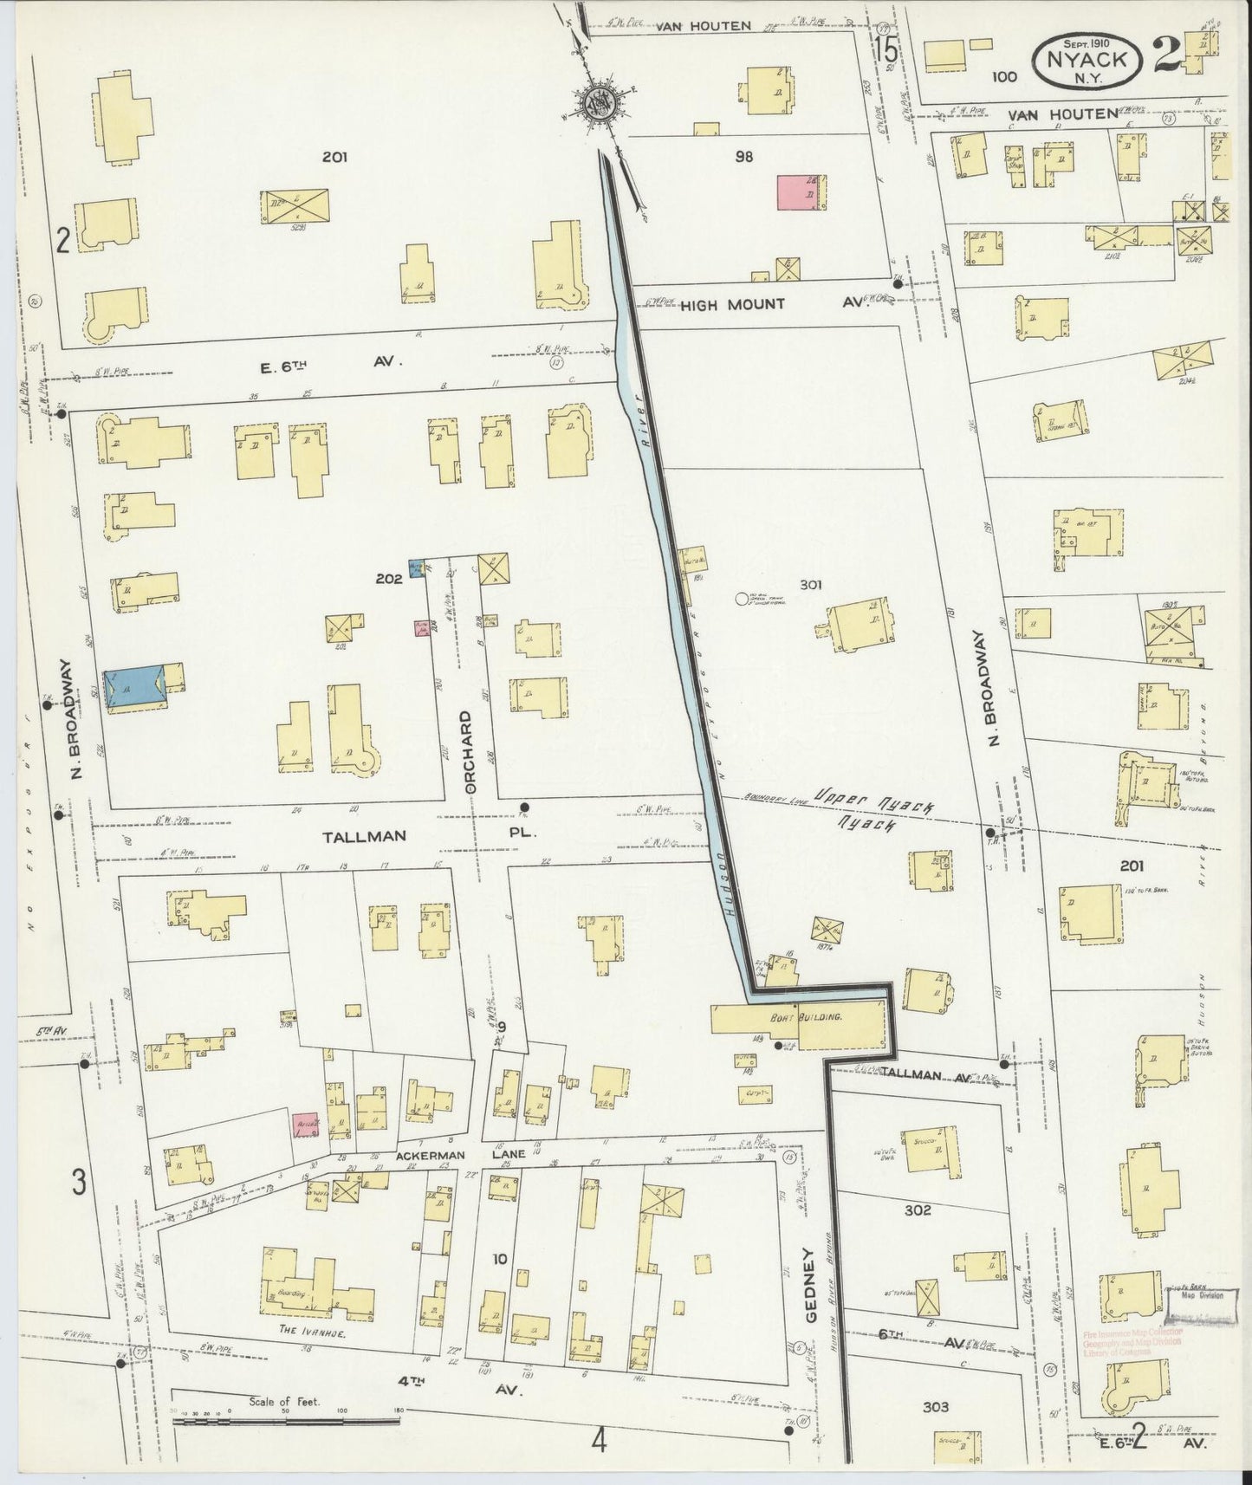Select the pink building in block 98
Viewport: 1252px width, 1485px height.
801,193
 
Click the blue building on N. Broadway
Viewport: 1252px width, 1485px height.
134,689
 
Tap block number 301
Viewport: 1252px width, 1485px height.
810,585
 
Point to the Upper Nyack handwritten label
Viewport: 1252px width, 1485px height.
875,797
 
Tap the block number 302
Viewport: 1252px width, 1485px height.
916,1209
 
